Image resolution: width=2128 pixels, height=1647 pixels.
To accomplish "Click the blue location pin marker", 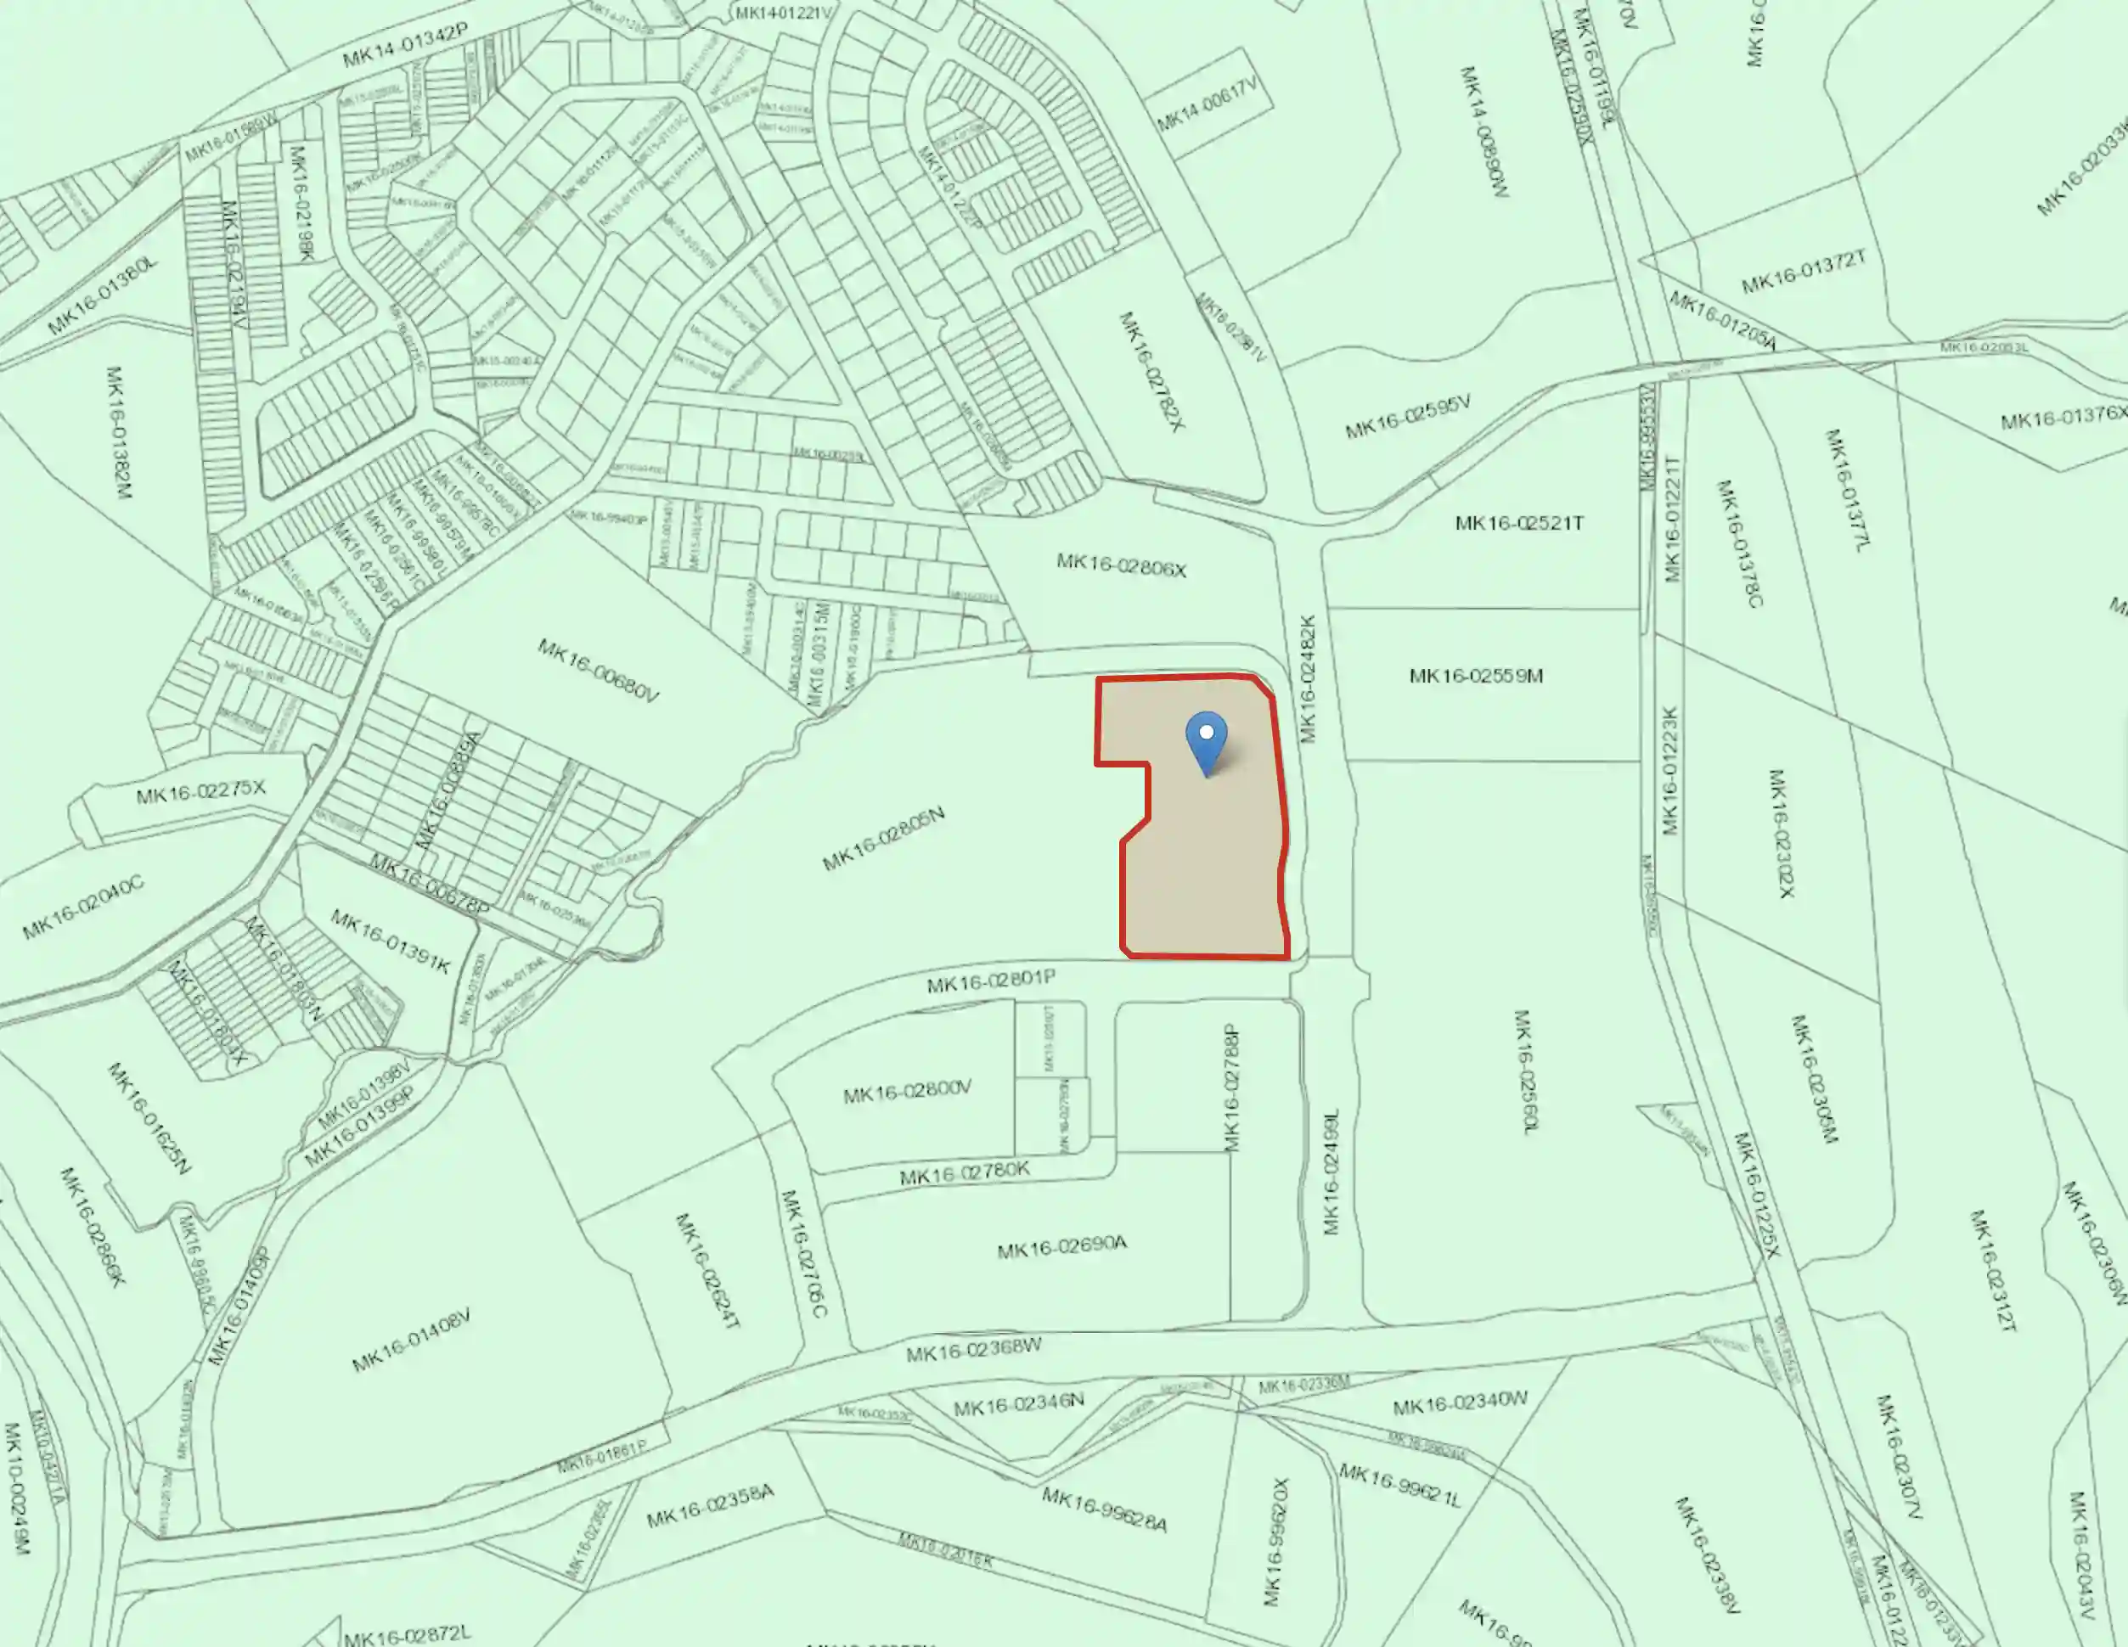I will click(x=1207, y=743).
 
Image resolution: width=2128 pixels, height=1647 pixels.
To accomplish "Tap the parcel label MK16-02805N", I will click(x=884, y=839).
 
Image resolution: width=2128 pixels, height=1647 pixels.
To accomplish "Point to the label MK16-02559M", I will click(x=1476, y=676).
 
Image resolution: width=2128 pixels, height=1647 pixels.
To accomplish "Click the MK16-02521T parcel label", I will click(x=1519, y=523).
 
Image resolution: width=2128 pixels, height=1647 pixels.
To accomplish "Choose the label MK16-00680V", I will click(x=599, y=670).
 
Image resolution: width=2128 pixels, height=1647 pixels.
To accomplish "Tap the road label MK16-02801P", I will click(x=991, y=981).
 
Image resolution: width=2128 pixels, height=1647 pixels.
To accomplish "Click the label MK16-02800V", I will click(x=907, y=1092).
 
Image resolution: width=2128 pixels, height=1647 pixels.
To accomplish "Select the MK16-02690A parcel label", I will click(x=1062, y=1246).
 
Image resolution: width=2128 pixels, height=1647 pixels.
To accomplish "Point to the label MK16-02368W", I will click(x=973, y=1350).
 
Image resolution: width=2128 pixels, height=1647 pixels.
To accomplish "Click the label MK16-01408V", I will click(x=411, y=1341).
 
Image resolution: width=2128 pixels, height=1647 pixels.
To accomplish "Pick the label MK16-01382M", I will click(x=117, y=431).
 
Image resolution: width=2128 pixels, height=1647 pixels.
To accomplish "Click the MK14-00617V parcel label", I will click(x=1208, y=105).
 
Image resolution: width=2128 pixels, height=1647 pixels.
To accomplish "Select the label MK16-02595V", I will click(x=1408, y=417).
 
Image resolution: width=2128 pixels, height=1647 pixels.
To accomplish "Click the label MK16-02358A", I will click(x=710, y=1506).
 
